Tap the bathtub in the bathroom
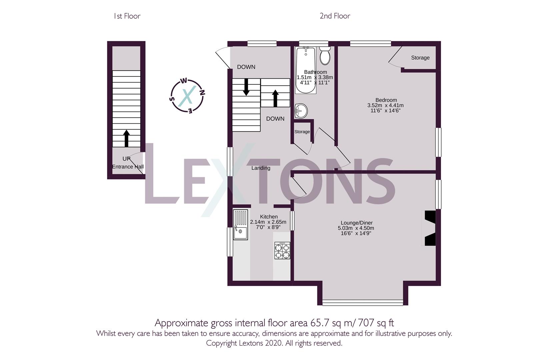(x=306, y=70)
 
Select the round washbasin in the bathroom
(x=301, y=111)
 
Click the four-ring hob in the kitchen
(x=282, y=251)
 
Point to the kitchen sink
(x=240, y=225)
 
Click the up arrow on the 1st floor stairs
(x=126, y=138)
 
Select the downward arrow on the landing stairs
(x=246, y=87)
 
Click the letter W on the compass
(x=184, y=81)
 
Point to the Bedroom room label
(x=386, y=100)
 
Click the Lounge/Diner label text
(x=357, y=223)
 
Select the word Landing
(x=261, y=168)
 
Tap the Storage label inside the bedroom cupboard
(x=420, y=58)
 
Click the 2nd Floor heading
(x=335, y=16)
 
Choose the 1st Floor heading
(x=127, y=16)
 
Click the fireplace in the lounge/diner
(x=430, y=228)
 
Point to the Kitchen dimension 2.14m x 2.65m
(x=268, y=222)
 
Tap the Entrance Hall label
(x=128, y=167)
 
